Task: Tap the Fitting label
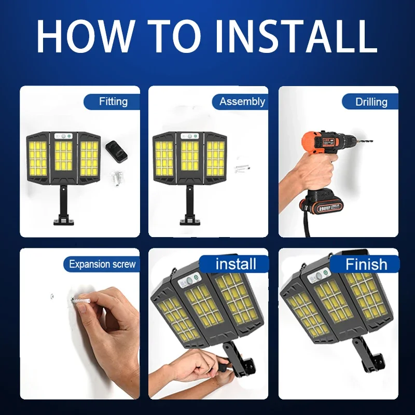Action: pyautogui.click(x=113, y=101)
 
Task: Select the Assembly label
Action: pyautogui.click(x=242, y=101)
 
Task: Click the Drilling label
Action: pyautogui.click(x=371, y=102)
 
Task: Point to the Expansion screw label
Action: pyautogui.click(x=102, y=264)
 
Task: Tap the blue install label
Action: pyautogui.click(x=236, y=264)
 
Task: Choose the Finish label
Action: pyautogui.click(x=366, y=264)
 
